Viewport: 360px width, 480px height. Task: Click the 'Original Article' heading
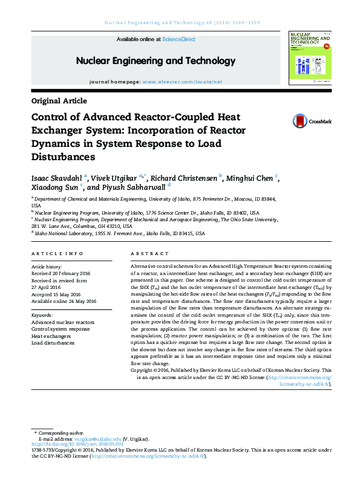[x=59, y=101]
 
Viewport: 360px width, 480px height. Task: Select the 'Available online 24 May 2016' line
[x=64, y=300]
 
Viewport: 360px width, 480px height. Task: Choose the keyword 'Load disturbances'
[x=53, y=343]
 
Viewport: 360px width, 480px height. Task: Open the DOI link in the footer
[x=77, y=444]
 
